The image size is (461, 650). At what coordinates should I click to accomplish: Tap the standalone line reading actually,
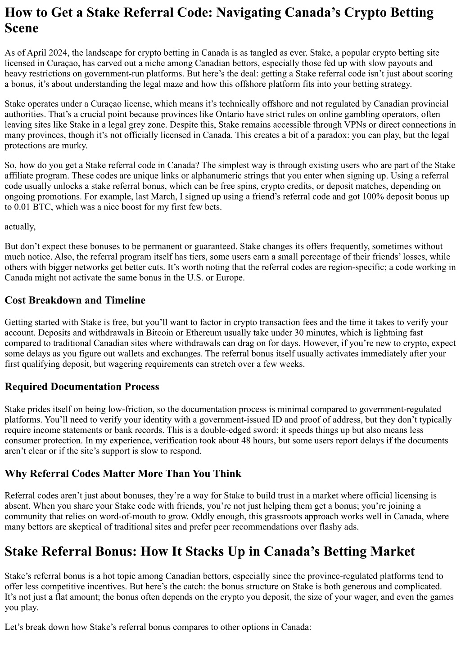[x=20, y=226]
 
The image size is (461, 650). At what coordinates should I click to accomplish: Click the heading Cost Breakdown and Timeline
[x=75, y=300]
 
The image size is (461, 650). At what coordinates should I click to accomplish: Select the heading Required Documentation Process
[x=81, y=387]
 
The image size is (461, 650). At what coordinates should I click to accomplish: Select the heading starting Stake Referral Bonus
[x=209, y=551]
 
